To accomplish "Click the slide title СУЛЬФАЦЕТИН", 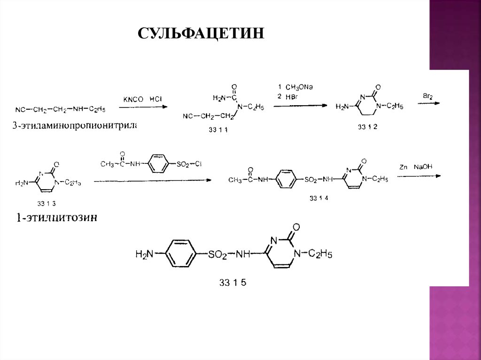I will [x=201, y=34].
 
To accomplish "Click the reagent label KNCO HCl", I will [x=142, y=99].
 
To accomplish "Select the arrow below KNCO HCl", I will [x=143, y=107].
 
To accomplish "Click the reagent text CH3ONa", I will [x=298, y=87].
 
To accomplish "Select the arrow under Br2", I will [x=428, y=104].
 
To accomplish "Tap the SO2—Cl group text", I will [x=189, y=164].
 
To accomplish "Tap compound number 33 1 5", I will [x=232, y=283].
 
